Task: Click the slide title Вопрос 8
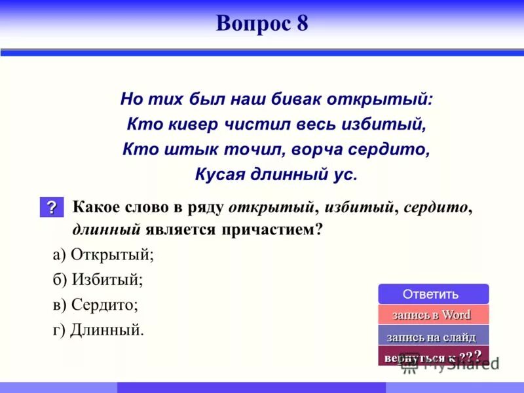tap(262, 24)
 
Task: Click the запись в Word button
tap(433, 314)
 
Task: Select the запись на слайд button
tap(433, 337)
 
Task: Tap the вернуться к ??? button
tap(433, 357)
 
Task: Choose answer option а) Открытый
tap(103, 255)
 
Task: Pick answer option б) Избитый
tap(98, 280)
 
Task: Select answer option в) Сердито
tap(96, 305)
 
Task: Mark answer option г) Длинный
tap(98, 329)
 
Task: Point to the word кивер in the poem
tap(185, 124)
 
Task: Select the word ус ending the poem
tap(346, 174)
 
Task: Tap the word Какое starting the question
tap(96, 208)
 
